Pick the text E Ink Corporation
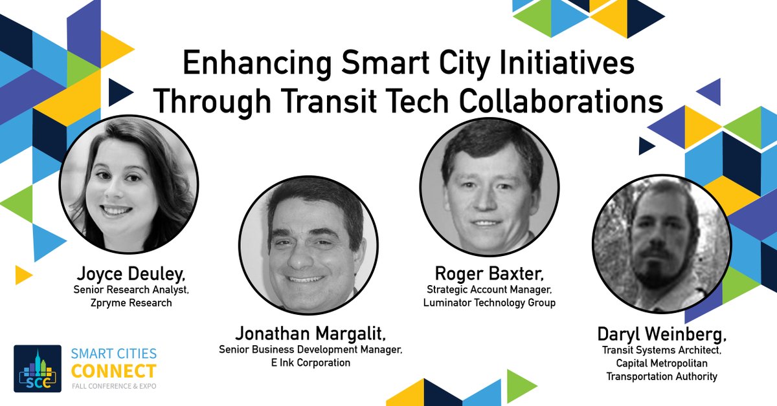311,363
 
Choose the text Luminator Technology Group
490,303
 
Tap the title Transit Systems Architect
662,351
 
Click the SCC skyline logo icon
38,369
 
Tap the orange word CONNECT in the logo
114,371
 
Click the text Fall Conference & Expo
114,386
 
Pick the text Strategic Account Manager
490,290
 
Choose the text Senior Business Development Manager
311,350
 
